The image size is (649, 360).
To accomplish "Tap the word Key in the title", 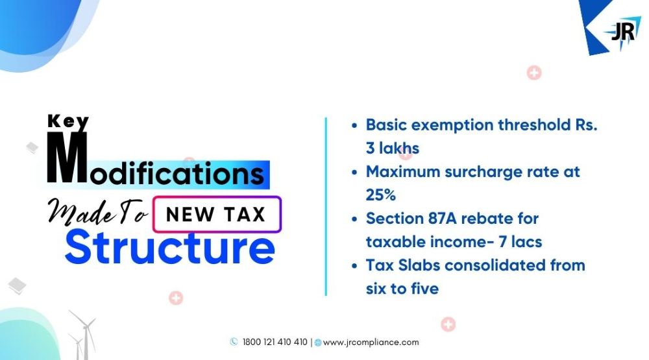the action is click(x=68, y=122).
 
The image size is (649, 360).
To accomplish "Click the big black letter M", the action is click(x=67, y=157).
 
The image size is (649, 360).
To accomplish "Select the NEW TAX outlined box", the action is click(x=217, y=214).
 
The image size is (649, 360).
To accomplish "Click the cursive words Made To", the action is click(x=97, y=212).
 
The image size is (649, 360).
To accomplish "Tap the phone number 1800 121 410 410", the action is click(x=275, y=342).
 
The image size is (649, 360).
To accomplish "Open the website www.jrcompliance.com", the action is click(x=371, y=342).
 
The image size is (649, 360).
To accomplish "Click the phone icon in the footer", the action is click(x=234, y=342).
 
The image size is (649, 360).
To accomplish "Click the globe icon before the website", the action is click(x=318, y=342).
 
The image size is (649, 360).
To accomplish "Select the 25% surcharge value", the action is click(x=381, y=195).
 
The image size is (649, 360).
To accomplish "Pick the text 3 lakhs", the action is click(x=393, y=148).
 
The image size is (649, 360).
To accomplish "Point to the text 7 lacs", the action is click(x=520, y=242).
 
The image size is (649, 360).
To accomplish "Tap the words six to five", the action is click(x=402, y=289).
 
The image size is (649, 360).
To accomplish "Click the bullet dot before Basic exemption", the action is click(x=354, y=126).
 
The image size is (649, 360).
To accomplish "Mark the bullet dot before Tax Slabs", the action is click(x=354, y=266).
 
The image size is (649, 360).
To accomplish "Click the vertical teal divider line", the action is click(x=326, y=206).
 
